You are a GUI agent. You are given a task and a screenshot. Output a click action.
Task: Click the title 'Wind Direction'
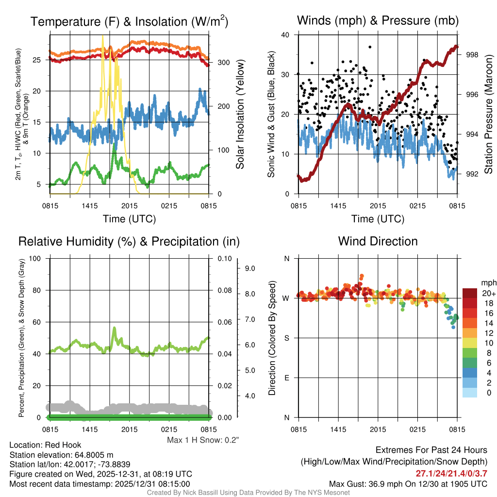point(378,241)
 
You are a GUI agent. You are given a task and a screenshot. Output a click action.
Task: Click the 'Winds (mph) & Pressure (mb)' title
point(378,21)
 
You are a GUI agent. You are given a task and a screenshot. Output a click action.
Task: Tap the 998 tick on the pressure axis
point(473,55)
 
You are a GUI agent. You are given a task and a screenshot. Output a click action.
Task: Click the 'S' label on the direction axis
point(287,338)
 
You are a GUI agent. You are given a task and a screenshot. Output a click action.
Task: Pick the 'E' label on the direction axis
point(287,378)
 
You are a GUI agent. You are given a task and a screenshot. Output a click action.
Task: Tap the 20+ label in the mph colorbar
point(488,294)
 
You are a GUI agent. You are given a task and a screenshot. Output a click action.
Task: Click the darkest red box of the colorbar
point(470,293)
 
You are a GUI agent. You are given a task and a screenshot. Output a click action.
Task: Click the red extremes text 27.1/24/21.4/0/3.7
point(451,473)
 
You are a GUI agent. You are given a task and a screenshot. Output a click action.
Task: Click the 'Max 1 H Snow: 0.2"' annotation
point(203,440)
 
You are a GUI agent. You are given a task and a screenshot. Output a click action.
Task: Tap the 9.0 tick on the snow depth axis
point(249,268)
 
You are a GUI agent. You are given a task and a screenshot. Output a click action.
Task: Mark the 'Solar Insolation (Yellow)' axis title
point(240,115)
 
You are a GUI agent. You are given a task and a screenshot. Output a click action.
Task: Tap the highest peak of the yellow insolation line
point(102,36)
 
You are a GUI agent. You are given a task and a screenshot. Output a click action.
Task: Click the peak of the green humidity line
point(114,328)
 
